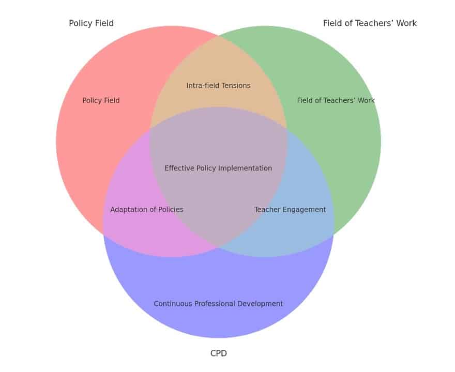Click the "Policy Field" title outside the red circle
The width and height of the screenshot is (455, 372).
pyautogui.click(x=91, y=23)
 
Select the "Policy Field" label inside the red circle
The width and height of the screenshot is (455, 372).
pyautogui.click(x=101, y=100)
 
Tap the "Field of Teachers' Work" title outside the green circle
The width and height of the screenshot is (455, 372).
pyautogui.click(x=370, y=23)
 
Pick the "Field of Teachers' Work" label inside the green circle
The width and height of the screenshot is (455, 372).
pyautogui.click(x=336, y=100)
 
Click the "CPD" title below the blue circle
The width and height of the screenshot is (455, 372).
pyautogui.click(x=218, y=353)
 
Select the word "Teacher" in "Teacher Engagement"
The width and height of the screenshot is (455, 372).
pyautogui.click(x=266, y=209)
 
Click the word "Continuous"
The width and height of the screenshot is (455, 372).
pyautogui.click(x=173, y=304)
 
